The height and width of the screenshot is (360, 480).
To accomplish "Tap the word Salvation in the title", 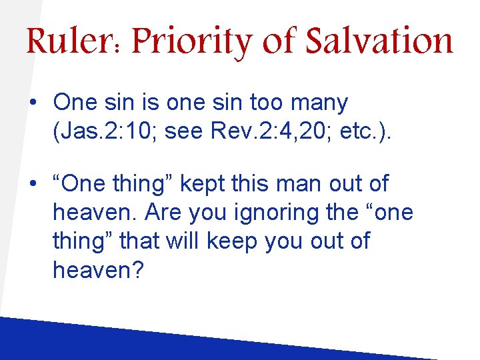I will pos(379,41).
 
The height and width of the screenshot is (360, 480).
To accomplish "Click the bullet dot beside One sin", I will pos(33,103).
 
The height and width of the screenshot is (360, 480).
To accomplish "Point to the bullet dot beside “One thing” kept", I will pos(33,184).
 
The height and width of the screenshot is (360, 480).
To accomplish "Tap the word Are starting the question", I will pos(163,213).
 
